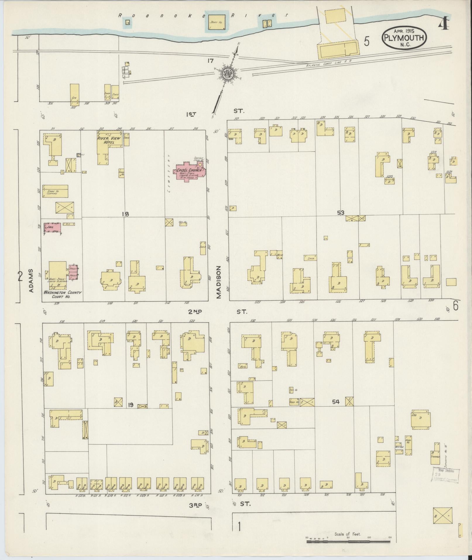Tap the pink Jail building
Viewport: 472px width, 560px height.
click(x=52, y=227)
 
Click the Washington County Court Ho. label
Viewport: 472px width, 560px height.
click(x=62, y=294)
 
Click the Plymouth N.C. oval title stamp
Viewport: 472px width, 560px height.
click(x=404, y=38)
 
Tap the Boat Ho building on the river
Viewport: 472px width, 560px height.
click(x=217, y=22)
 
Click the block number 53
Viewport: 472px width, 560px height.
click(x=341, y=213)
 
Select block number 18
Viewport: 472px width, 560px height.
click(x=126, y=214)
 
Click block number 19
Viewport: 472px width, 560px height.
click(x=131, y=405)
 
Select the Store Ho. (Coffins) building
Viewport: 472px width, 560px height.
click(x=55, y=191)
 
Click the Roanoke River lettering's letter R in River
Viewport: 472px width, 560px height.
click(x=231, y=16)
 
